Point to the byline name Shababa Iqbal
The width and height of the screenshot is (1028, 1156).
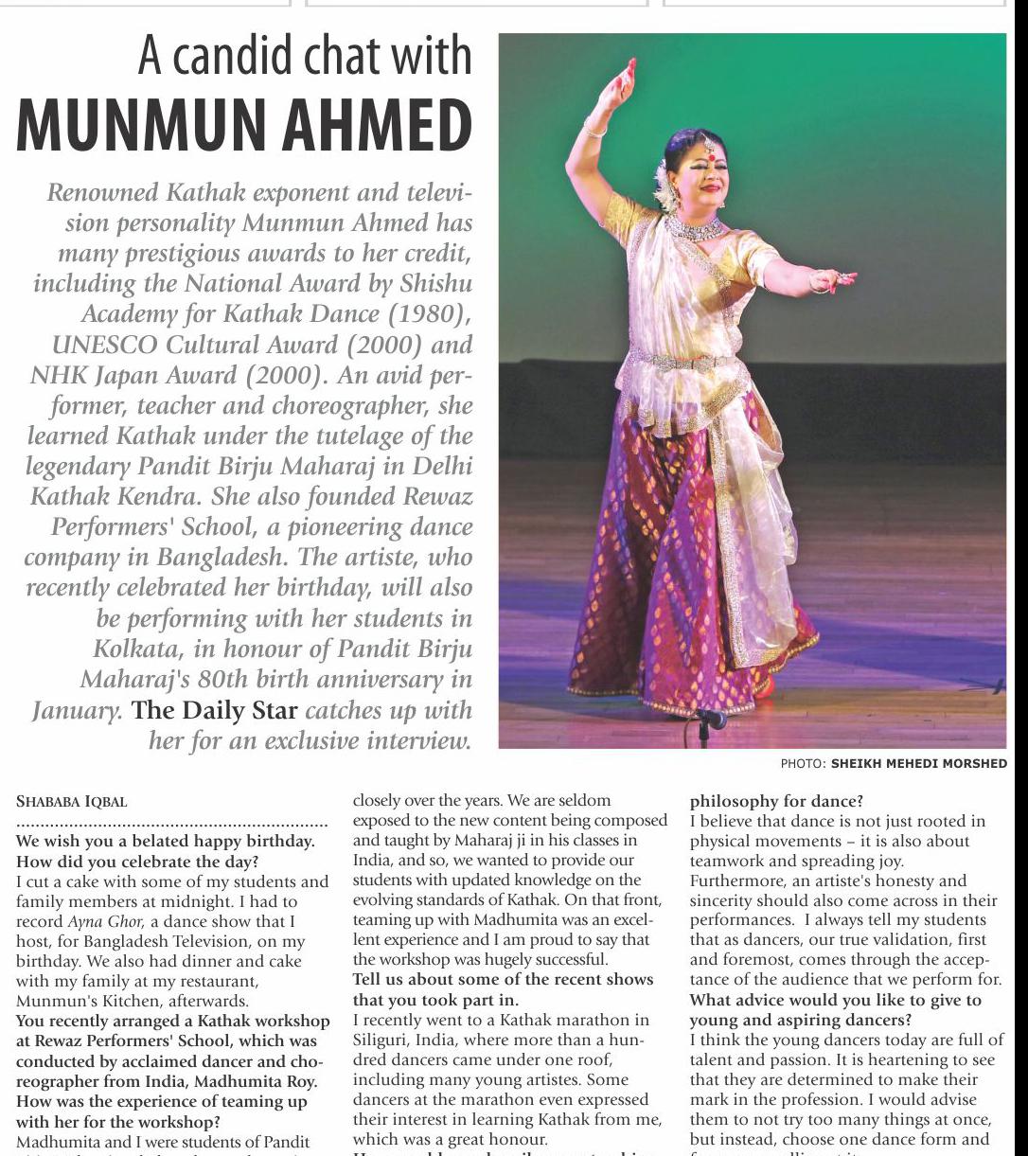[72, 800]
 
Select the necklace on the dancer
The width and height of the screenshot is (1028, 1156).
[697, 228]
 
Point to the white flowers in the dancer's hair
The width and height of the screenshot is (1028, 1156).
[664, 181]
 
